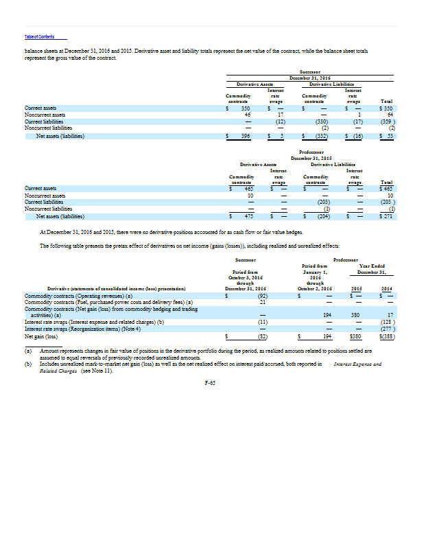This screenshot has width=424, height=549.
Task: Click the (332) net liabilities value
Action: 322,137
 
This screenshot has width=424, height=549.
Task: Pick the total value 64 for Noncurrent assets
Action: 388,115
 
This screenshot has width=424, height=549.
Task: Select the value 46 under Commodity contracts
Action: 247,115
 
